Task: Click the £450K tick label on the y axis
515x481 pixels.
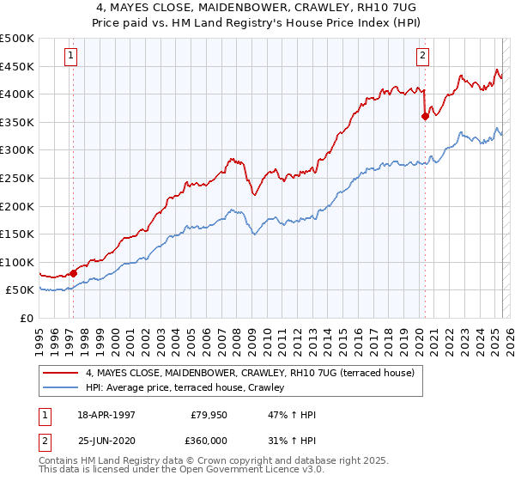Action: tap(17, 66)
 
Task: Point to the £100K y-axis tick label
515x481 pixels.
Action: tap(17, 262)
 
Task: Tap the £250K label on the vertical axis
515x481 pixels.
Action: tap(17, 178)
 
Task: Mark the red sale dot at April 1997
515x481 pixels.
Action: tap(74, 273)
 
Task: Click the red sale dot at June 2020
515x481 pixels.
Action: tap(425, 116)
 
